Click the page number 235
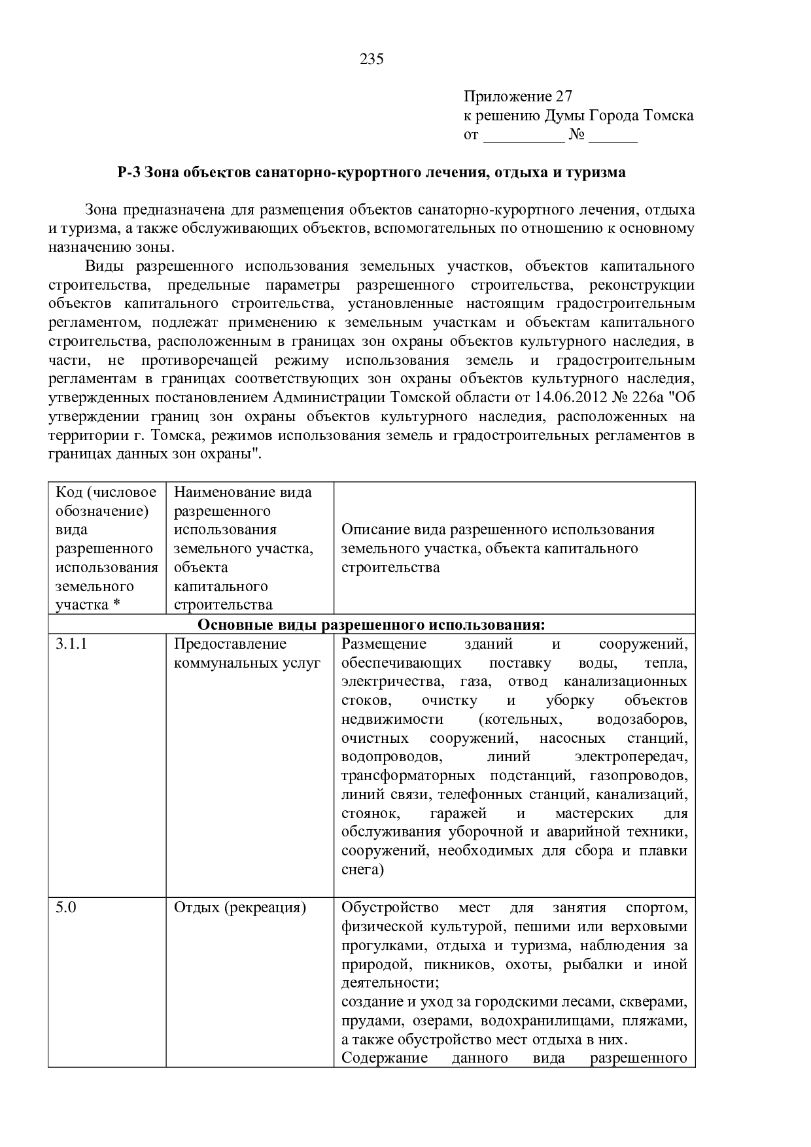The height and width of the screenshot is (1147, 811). coord(371,60)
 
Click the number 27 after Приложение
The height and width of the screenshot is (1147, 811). coord(564,97)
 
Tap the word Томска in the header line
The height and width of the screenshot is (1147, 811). coord(668,116)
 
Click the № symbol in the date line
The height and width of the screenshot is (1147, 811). coord(576,135)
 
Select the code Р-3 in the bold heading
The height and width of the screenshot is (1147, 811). coord(129,173)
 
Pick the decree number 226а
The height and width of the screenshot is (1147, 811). coord(644,398)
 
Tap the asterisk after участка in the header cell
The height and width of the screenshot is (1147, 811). coord(116,605)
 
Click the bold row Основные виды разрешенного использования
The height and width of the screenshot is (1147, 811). coord(371,625)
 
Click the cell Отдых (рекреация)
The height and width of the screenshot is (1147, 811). coord(240,908)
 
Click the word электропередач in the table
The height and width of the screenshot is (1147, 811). coord(631,757)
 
